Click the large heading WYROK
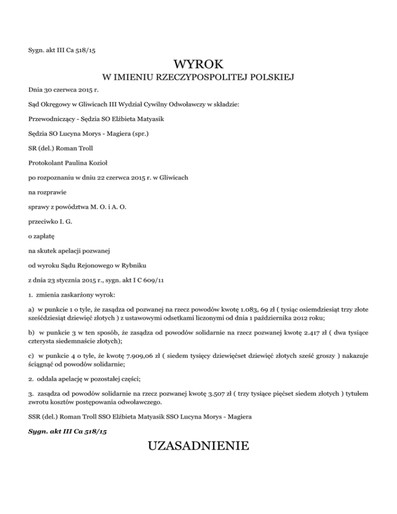(x=198, y=65)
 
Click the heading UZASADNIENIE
(x=198, y=445)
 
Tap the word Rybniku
(x=134, y=266)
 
